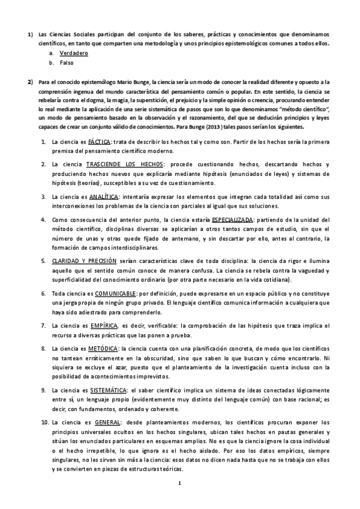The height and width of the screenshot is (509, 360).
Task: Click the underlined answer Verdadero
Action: click(x=74, y=53)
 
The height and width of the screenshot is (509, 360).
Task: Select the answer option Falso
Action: click(x=67, y=62)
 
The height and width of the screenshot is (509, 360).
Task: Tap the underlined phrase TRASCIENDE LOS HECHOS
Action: click(x=123, y=164)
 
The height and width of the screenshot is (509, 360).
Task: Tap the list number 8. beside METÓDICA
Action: click(x=44, y=348)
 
